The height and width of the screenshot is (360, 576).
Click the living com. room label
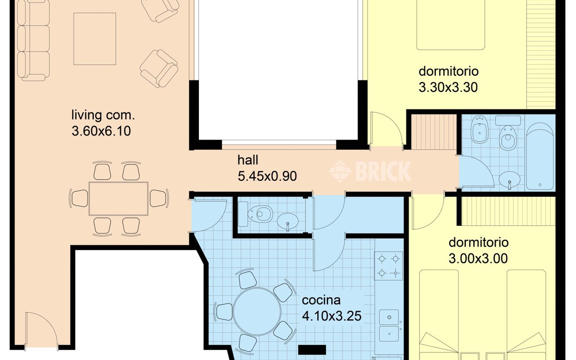pos(103,115)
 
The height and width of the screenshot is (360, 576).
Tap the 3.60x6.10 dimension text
pos(101,131)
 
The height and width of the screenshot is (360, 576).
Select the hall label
pos(247,160)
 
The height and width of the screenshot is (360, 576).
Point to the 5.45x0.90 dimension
pos(267,176)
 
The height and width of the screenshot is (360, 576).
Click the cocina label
pos(321,300)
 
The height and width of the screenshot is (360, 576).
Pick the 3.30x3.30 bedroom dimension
pos(448,87)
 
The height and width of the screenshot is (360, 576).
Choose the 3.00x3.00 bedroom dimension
pos(478,258)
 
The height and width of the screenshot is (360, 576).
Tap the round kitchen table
pos(257,311)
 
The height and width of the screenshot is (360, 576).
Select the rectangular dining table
pos(118,198)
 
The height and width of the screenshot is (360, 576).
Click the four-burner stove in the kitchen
pos(388,266)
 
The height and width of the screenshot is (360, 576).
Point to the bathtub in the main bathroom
pos(540,156)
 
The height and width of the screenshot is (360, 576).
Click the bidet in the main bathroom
pos(480,129)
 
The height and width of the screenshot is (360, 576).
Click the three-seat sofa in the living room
pos(33,40)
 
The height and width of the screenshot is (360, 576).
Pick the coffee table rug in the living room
pos(95,39)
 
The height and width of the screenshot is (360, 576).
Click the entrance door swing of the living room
pos(41,330)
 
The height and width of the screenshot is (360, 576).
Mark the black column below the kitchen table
pos(312,350)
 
